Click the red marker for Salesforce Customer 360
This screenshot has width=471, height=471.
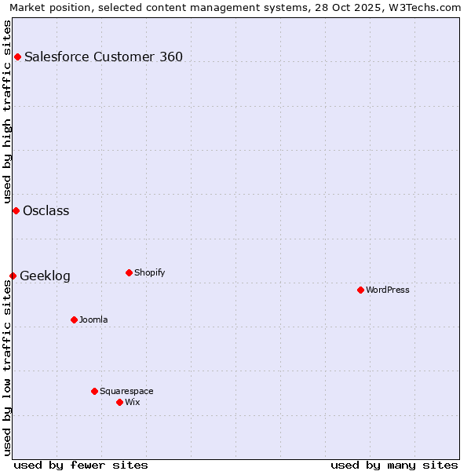click(x=17, y=57)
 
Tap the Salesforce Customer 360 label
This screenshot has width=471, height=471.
click(x=104, y=57)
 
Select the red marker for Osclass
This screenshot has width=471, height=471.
click(x=16, y=210)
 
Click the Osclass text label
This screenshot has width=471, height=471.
click(x=46, y=210)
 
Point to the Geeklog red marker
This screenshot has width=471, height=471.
click(x=13, y=276)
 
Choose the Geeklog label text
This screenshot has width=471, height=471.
click(x=45, y=276)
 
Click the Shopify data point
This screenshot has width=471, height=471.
click(x=129, y=272)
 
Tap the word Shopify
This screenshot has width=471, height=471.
click(x=149, y=272)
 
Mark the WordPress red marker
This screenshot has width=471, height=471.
click(x=360, y=290)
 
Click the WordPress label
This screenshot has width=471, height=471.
click(x=388, y=290)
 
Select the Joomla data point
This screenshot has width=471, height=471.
click(x=74, y=319)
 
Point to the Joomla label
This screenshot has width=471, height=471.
click(x=93, y=319)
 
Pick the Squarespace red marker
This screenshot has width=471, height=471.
click(x=94, y=391)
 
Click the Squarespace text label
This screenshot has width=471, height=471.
click(x=126, y=391)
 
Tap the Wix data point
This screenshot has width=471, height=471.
click(x=119, y=402)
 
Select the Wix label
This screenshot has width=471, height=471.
click(x=133, y=402)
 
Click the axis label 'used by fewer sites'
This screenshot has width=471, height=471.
click(x=81, y=465)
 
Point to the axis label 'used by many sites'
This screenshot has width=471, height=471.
click(x=394, y=465)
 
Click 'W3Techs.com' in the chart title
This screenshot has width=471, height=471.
click(x=425, y=8)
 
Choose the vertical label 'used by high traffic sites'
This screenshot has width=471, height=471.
click(x=8, y=109)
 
